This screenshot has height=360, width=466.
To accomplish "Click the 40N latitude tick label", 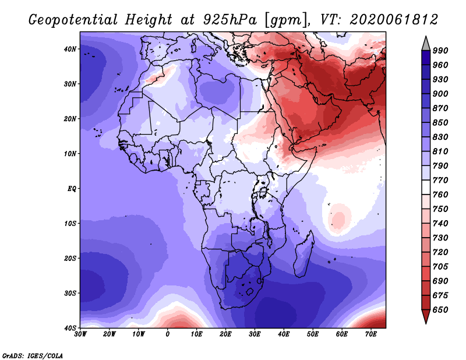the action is click(69, 49).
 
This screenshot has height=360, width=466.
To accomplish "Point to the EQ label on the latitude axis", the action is click(72, 189).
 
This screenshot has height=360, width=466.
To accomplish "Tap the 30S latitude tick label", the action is click(69, 294).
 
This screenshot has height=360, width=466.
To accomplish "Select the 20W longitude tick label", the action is click(109, 334).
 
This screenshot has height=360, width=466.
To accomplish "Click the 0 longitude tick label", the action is click(167, 334).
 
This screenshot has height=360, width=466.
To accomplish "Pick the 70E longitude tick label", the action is click(371, 334).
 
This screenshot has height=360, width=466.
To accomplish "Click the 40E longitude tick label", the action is click(284, 334).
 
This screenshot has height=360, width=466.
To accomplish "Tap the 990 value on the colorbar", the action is click(440, 51).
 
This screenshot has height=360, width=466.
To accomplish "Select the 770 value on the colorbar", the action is click(440, 180).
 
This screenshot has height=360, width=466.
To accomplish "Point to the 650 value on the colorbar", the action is click(440, 310).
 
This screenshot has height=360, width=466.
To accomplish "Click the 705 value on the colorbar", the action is click(440, 267).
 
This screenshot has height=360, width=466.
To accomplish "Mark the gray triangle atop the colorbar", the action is click(426, 44).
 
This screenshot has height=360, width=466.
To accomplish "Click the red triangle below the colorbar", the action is click(426, 316).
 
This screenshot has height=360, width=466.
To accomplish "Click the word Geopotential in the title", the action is click(73, 20).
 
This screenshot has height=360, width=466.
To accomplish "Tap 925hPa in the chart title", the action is click(230, 20).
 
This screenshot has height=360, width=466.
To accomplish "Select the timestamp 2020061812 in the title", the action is click(394, 20).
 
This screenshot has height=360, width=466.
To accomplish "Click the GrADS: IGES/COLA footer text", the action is click(33, 355).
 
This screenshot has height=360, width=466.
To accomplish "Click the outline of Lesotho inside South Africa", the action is click(250, 291).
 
